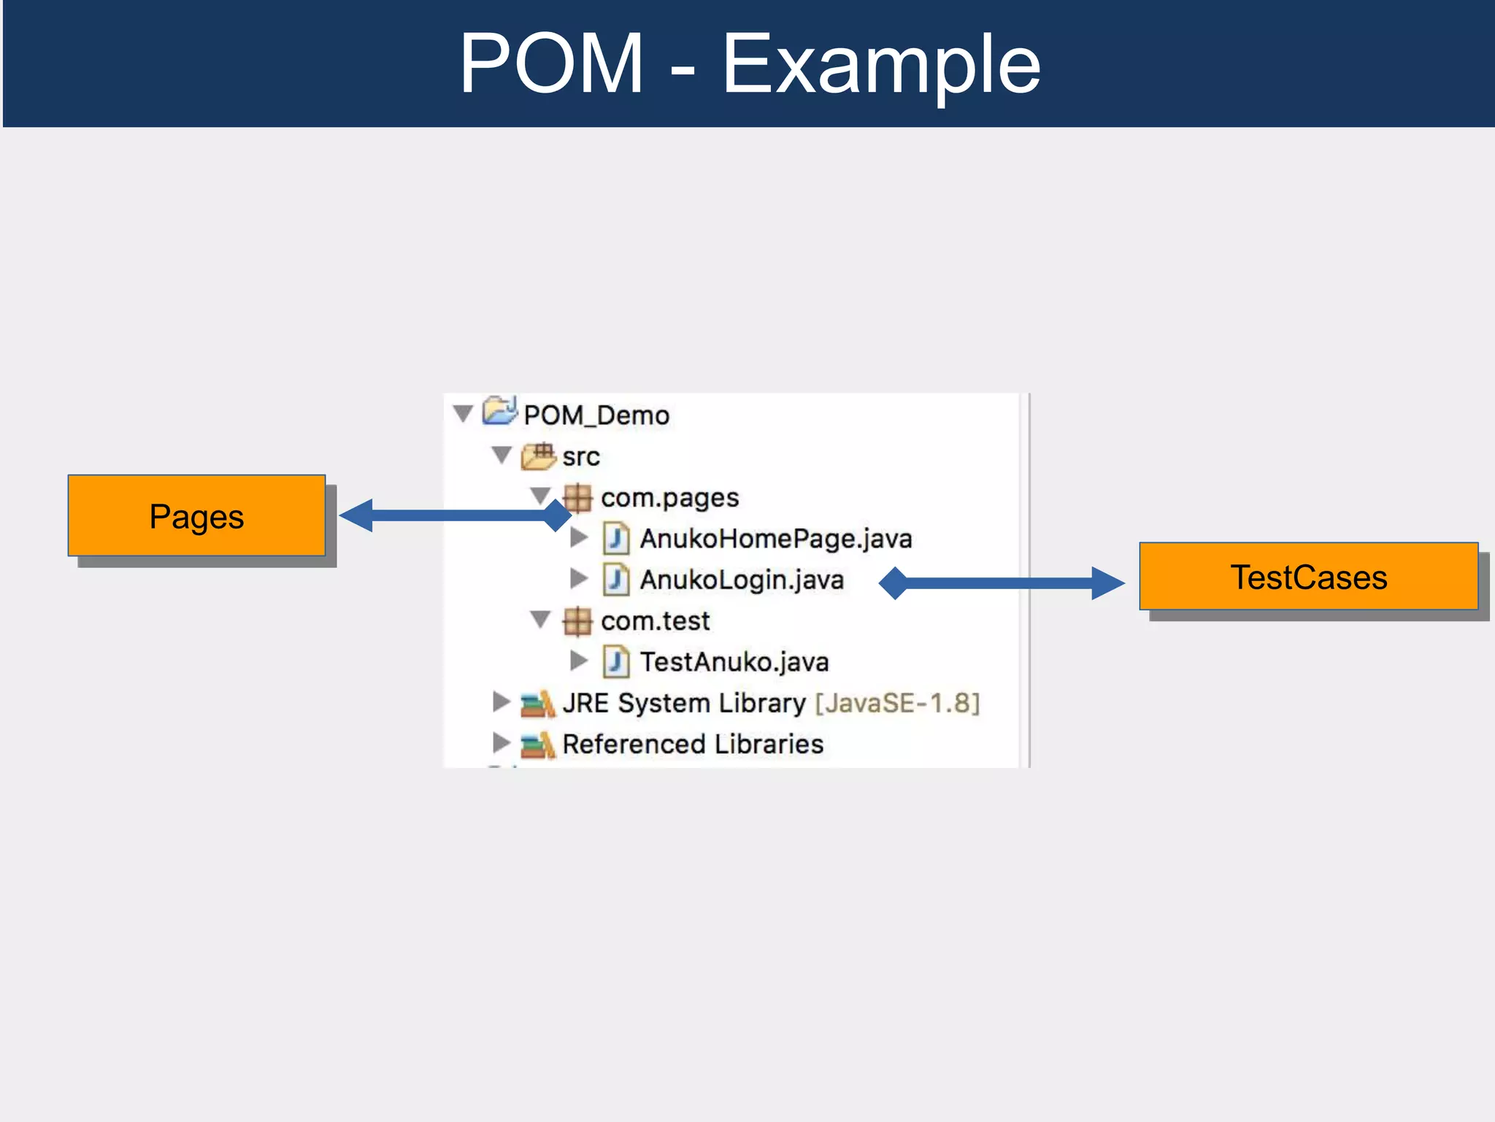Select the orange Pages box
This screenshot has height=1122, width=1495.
pos(196,516)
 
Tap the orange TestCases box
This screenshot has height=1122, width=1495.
pos(1308,577)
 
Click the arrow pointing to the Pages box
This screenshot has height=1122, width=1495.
pos(453,515)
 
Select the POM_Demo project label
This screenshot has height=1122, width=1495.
pos(596,415)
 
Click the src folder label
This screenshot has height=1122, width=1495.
pos(580,457)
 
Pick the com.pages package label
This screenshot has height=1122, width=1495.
pos(669,498)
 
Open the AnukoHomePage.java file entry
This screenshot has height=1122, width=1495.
pos(775,539)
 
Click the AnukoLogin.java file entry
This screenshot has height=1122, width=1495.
pos(741,580)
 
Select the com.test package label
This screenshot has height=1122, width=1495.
pos(655,621)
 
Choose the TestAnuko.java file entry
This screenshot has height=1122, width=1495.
pos(734,662)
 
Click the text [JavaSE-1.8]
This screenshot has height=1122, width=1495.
pos(897,703)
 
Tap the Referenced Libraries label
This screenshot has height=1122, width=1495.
pos(692,744)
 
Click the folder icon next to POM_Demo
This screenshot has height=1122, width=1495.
pos(500,411)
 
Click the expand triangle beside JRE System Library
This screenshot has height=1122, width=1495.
pos(501,702)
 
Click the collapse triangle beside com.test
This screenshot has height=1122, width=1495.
pos(540,620)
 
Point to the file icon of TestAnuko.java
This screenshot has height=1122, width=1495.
pos(616,662)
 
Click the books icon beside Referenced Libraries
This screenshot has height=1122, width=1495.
pos(537,745)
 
